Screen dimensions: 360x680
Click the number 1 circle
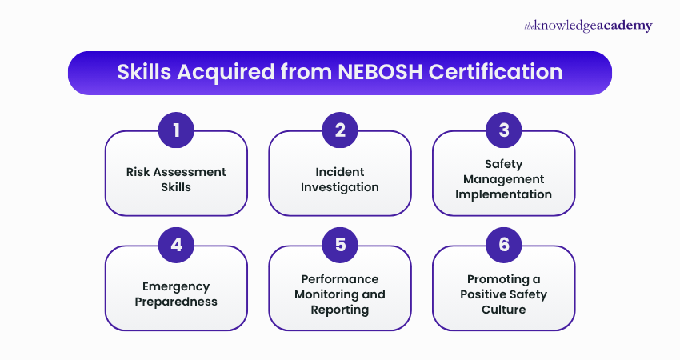point(176,130)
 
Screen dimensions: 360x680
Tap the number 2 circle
point(340,130)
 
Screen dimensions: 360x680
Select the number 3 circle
point(504,130)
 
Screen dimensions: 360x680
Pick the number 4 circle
point(176,245)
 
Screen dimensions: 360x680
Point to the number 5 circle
point(340,245)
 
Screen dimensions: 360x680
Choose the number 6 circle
point(504,245)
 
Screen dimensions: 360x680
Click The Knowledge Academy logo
point(588,26)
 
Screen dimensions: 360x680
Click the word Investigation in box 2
point(340,187)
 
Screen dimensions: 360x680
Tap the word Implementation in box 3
point(504,194)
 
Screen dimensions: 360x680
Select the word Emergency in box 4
point(176,286)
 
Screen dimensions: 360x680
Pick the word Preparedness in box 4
point(176,302)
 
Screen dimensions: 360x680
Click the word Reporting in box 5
point(340,310)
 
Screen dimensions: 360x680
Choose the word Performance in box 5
point(340,279)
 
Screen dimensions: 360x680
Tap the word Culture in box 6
point(504,310)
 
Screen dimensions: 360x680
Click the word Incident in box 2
point(340,172)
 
